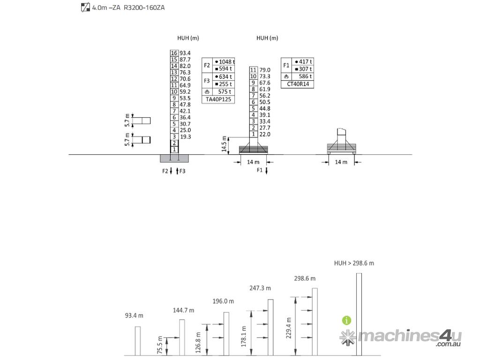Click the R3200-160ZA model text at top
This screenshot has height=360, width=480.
click(x=144, y=7)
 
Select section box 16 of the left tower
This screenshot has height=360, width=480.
click(x=174, y=53)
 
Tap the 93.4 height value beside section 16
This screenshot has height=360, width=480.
click(x=185, y=53)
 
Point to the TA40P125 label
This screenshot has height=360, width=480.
click(x=218, y=99)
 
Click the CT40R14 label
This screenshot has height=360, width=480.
click(x=298, y=84)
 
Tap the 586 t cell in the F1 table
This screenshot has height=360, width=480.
click(x=305, y=76)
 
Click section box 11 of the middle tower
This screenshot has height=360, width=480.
click(x=253, y=70)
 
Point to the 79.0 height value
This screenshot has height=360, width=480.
click(x=265, y=70)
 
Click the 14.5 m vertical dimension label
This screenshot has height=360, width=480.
click(x=224, y=144)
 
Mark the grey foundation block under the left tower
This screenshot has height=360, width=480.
click(x=174, y=158)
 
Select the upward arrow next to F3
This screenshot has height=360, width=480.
click(x=177, y=171)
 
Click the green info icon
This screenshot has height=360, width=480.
click(x=346, y=321)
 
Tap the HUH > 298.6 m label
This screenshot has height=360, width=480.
click(x=354, y=263)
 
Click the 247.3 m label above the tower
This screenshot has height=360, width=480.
click(x=260, y=288)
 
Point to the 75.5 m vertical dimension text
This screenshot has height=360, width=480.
click(x=160, y=345)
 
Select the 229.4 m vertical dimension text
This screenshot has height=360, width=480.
click(x=289, y=328)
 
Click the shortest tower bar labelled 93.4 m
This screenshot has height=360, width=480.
click(x=138, y=341)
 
